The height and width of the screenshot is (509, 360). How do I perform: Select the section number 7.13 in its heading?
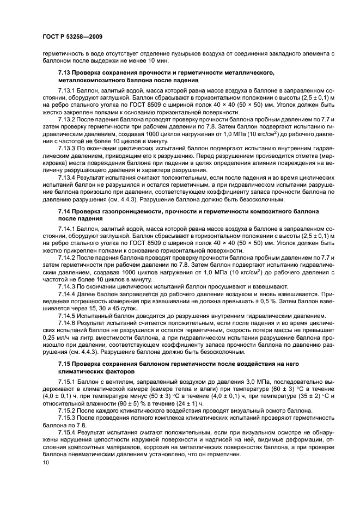click(65, 72)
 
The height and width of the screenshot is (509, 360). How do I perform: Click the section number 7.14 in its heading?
click(65, 210)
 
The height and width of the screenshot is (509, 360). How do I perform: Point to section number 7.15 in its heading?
click(65, 363)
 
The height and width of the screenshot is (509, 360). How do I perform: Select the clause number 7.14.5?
click(68, 316)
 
